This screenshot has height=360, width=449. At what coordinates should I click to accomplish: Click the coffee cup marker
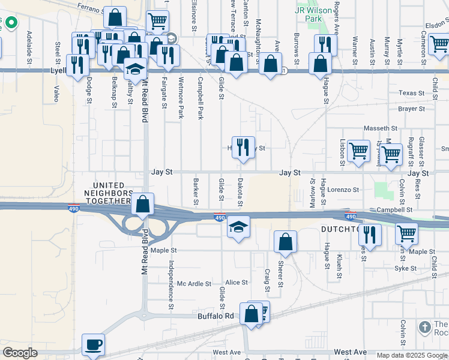click(93, 345)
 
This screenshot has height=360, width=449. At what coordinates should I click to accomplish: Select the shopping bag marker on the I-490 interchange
click(143, 205)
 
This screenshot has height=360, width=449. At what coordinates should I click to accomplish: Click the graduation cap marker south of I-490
click(238, 227)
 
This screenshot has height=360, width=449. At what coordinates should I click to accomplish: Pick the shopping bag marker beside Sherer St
click(286, 242)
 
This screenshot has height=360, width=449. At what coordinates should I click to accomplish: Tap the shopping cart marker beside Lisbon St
click(358, 151)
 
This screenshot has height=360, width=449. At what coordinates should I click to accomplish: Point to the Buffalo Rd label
click(216, 316)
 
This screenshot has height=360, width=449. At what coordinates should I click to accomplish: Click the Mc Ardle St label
click(194, 283)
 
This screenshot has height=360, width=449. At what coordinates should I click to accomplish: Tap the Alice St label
click(237, 283)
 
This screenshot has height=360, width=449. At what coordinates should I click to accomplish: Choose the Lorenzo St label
click(343, 190)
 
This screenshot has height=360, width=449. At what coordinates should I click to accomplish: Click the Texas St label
click(412, 94)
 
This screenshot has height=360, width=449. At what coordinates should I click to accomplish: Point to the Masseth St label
click(381, 128)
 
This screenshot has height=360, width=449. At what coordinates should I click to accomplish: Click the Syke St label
click(405, 268)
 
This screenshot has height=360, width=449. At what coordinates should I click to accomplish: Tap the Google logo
click(20, 353)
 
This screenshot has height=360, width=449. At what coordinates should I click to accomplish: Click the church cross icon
click(425, 327)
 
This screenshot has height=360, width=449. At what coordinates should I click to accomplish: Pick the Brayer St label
click(411, 109)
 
